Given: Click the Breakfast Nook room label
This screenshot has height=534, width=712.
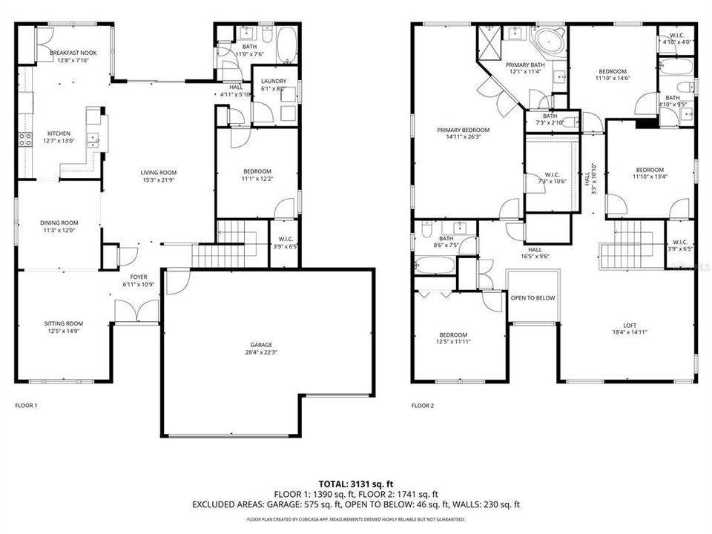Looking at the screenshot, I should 73,53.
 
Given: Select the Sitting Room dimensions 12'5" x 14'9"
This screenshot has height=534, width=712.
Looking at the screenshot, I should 63,332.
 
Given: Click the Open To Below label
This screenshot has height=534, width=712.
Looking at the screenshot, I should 533,298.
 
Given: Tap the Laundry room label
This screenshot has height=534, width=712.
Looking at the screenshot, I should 273,81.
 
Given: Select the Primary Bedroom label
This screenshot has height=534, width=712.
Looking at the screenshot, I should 464,130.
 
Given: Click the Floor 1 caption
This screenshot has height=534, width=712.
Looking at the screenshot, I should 26,406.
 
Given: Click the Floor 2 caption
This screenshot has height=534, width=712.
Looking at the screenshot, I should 422,406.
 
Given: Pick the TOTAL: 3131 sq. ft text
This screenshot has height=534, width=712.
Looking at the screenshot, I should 356,483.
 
